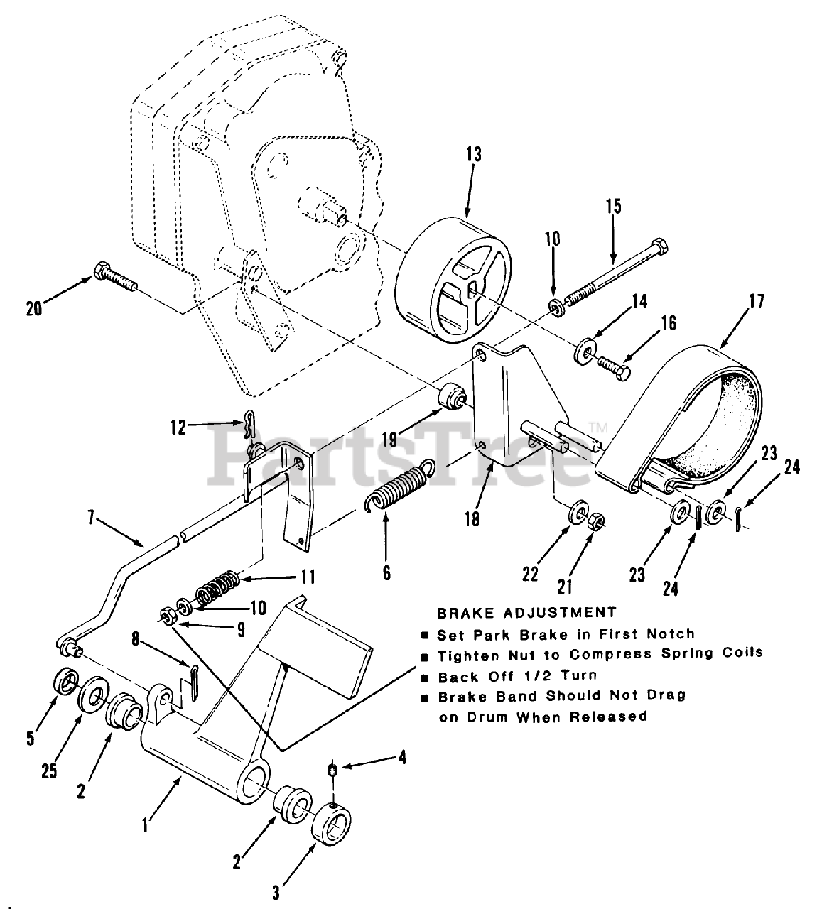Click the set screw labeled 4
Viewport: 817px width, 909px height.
[330, 768]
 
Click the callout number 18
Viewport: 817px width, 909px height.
[471, 518]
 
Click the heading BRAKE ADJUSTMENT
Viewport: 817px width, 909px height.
[526, 611]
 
